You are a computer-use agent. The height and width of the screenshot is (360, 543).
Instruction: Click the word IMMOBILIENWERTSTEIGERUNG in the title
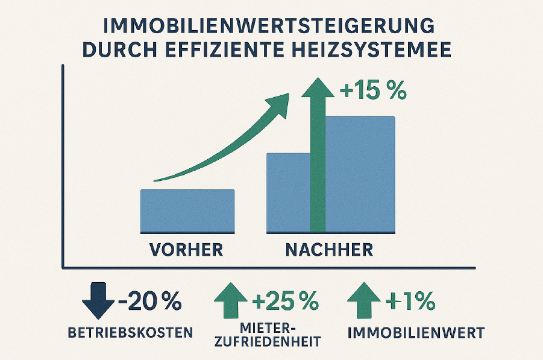tap(271, 28)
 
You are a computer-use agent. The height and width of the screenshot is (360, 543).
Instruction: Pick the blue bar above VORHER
tap(187, 210)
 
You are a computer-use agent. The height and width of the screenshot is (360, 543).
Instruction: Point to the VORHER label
tap(187, 248)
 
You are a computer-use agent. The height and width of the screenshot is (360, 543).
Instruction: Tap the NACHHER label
tap(330, 248)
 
